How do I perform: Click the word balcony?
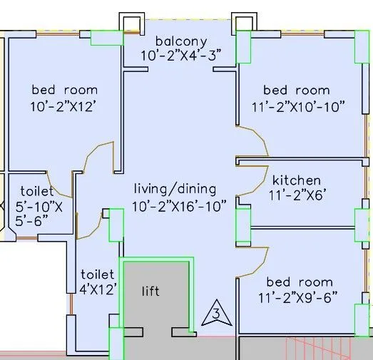tap(181, 41)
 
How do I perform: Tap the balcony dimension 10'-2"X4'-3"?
tap(181, 56)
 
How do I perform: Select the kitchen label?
tap(297, 180)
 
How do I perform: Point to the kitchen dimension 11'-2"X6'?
tap(297, 195)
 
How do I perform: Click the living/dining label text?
tap(175, 189)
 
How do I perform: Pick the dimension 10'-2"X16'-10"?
tap(179, 206)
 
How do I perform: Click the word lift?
tap(150, 291)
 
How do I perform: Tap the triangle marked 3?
tap(217, 313)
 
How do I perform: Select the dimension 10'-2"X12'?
tap(63, 106)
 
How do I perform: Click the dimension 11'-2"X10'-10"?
tap(298, 107)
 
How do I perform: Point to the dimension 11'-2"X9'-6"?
tap(297, 297)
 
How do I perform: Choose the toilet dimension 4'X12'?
tap(98, 289)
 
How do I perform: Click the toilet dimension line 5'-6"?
tap(31, 221)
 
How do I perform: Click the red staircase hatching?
tap(319, 348)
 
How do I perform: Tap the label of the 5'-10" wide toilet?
tap(37, 191)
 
